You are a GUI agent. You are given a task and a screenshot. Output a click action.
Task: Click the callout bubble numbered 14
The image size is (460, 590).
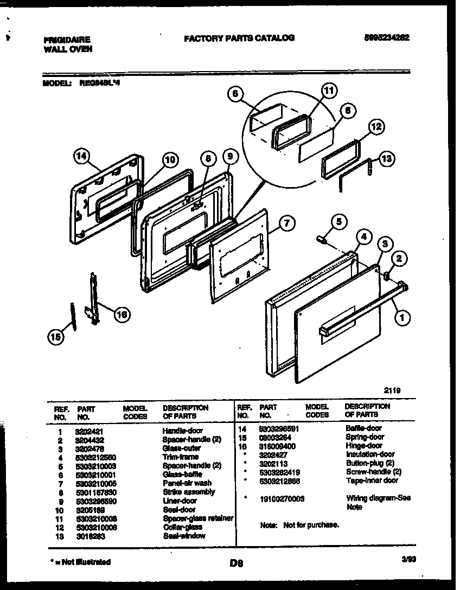click(81, 157)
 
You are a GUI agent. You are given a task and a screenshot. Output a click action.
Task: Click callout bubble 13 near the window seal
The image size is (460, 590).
click(387, 159)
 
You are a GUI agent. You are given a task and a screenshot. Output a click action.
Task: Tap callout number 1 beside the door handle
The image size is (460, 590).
click(401, 319)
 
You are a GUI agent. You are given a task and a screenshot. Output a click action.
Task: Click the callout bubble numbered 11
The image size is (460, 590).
click(329, 90)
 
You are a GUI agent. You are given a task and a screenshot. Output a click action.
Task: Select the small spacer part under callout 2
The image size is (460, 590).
click(387, 277)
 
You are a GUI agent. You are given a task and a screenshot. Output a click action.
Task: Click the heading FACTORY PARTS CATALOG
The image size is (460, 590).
click(239, 38)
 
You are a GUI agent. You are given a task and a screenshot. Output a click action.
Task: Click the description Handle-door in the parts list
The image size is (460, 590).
click(182, 430)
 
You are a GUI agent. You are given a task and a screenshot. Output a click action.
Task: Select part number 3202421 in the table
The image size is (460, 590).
click(88, 430)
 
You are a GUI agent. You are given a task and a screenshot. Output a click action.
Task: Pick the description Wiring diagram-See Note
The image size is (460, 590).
click(378, 502)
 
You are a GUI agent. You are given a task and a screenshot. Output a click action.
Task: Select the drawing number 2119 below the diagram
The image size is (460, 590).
click(392, 389)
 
